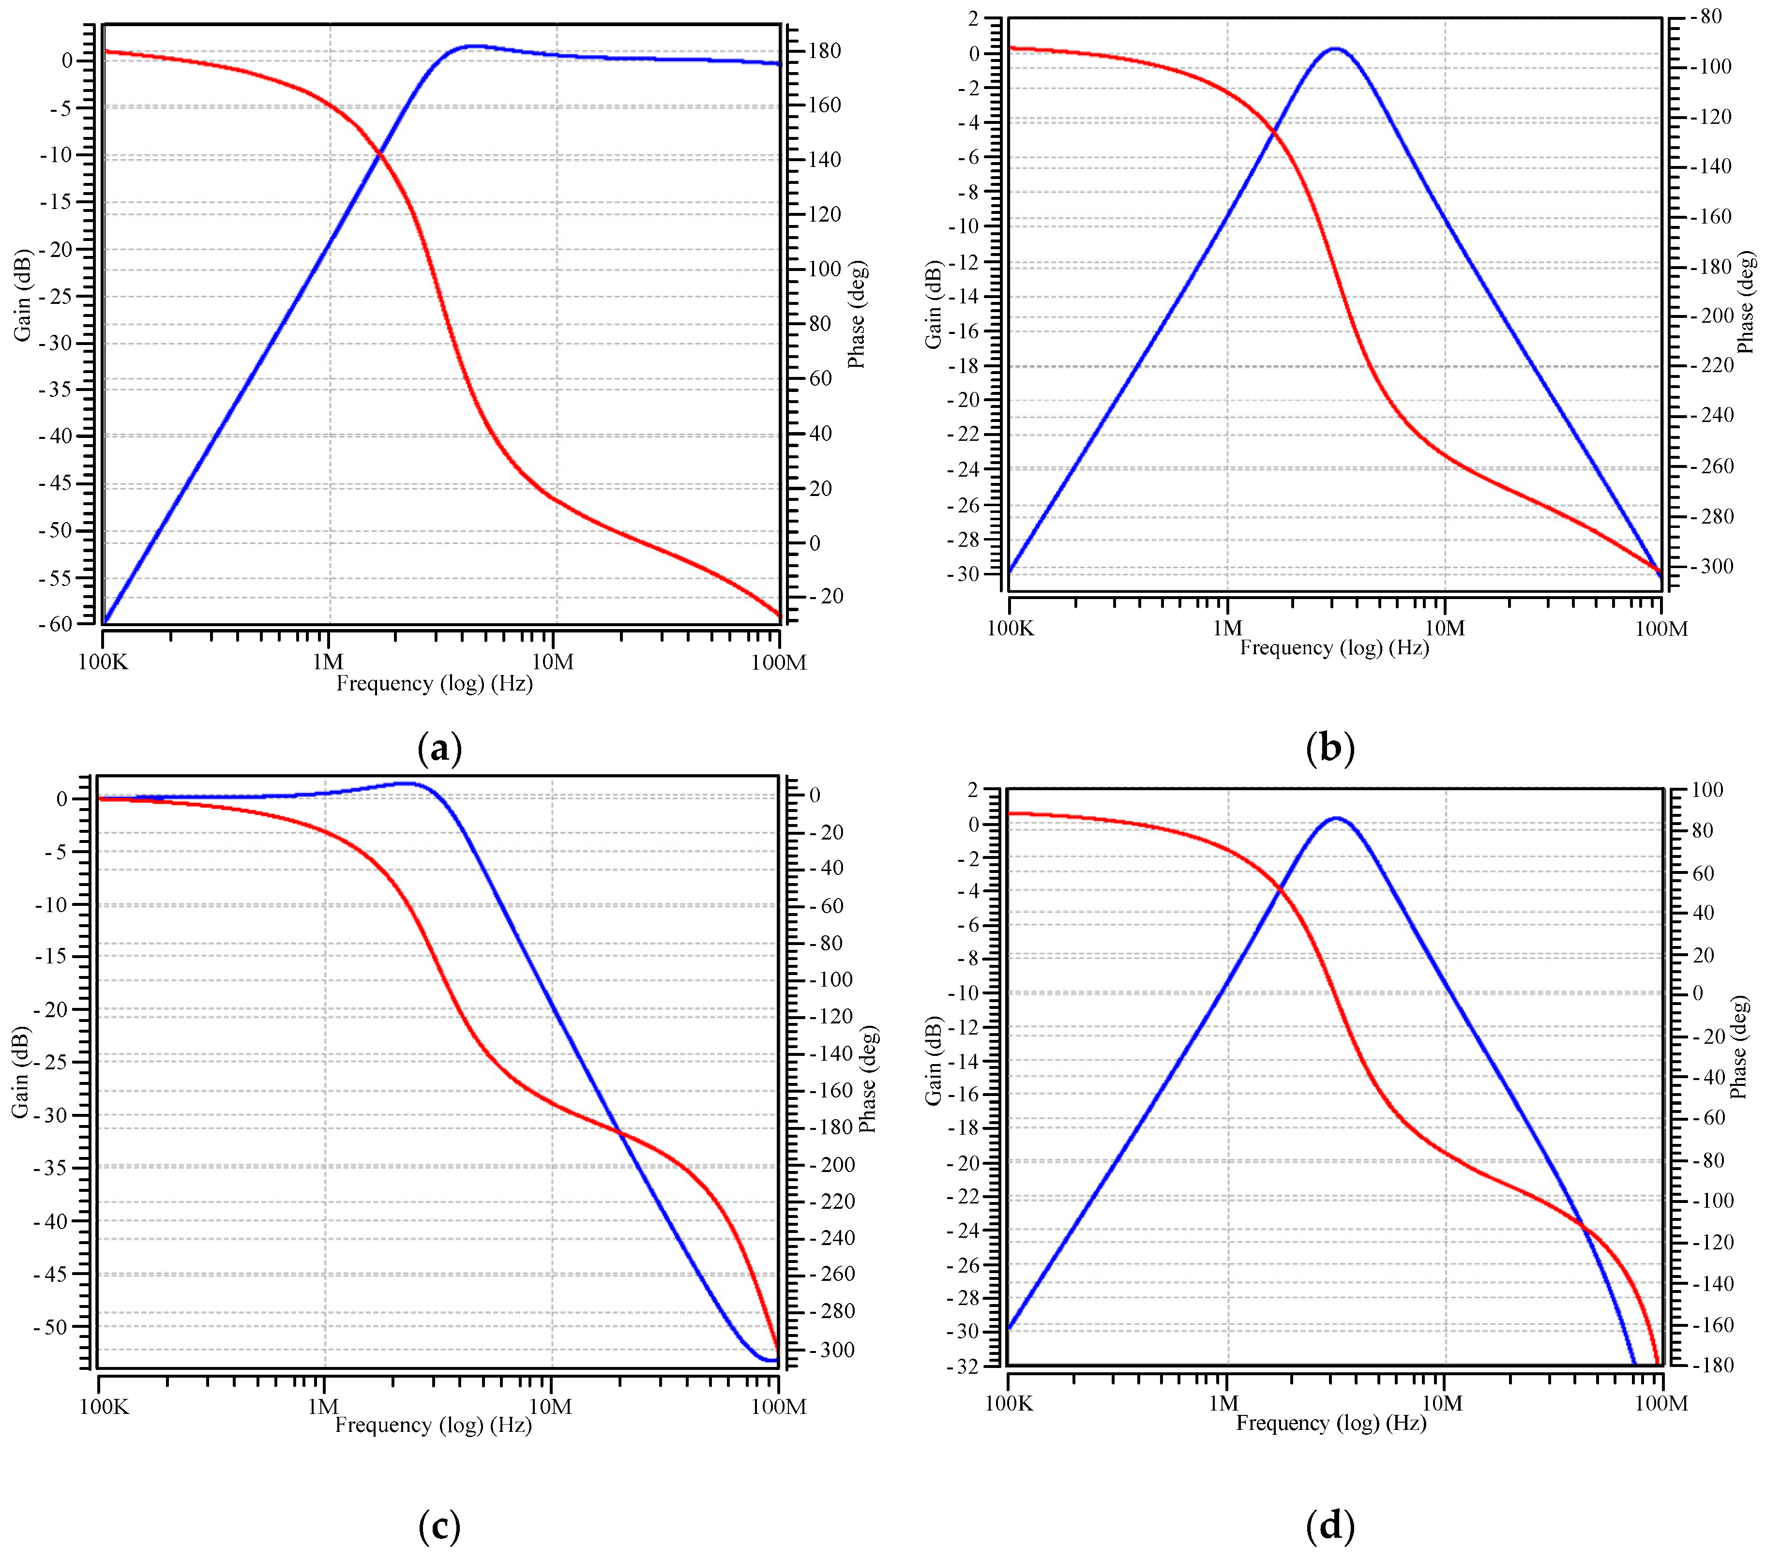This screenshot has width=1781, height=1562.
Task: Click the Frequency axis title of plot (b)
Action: (1334, 647)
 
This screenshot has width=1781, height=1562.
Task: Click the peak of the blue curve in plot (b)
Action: (1334, 49)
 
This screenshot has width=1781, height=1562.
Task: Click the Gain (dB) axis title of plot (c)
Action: (21, 1071)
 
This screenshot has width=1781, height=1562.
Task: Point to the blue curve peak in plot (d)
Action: (1336, 818)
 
